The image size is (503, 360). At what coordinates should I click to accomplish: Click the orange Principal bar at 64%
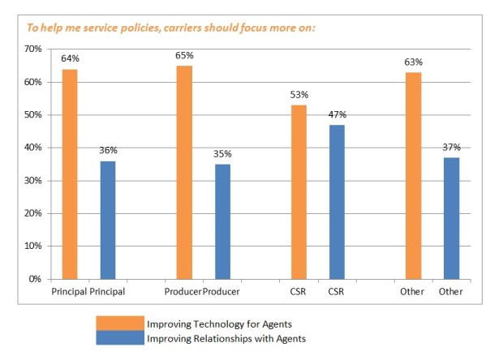[x=69, y=174]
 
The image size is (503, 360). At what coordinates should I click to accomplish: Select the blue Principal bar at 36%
[x=108, y=220]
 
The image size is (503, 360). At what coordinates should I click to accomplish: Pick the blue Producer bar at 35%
[x=222, y=221]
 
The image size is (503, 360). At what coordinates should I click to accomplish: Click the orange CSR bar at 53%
[x=299, y=191]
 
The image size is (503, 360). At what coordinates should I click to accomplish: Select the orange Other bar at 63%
[x=414, y=175]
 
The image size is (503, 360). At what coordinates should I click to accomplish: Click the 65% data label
[x=184, y=58]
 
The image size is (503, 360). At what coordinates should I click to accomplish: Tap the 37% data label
[x=452, y=148]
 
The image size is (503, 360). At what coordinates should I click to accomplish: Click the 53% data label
[x=299, y=96]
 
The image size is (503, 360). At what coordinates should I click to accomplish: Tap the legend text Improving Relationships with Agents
[x=226, y=338]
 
